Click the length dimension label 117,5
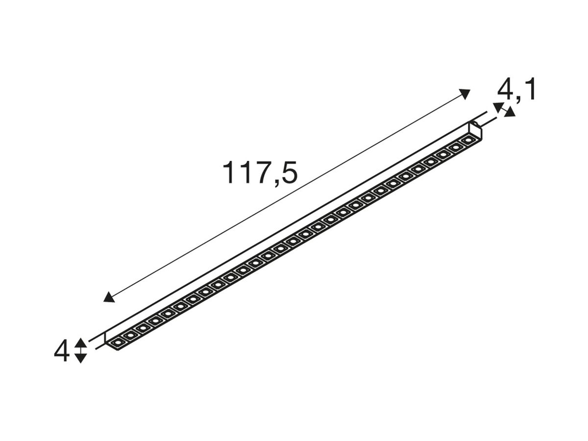tap(260, 173)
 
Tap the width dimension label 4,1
tap(516, 90)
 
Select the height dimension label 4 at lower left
tap(61, 350)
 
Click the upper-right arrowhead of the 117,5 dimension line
tap(464, 94)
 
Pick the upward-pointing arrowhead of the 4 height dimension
tap(81, 343)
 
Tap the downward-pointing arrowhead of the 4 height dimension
tap(81, 358)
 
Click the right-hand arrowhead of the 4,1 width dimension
tap(510, 112)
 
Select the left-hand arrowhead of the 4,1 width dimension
tap(497, 107)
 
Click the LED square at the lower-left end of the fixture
tap(117, 343)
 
